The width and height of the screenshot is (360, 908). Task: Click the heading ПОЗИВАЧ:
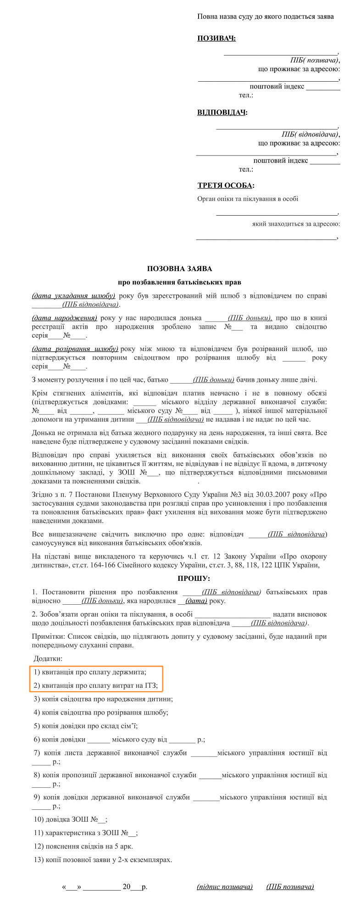[x=216, y=38]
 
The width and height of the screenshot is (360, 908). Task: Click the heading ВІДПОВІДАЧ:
[x=222, y=112]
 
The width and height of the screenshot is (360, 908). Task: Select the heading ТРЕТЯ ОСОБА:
[x=226, y=185]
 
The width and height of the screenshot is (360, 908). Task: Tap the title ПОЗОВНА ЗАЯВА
[x=180, y=268]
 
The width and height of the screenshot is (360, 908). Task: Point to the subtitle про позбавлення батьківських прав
[x=179, y=282]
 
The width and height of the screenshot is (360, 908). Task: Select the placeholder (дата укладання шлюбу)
[x=74, y=296]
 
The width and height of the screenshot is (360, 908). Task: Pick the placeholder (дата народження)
[x=65, y=318]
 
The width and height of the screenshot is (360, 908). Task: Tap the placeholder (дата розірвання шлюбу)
[x=75, y=349]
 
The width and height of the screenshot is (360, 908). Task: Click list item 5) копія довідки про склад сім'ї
[x=86, y=726]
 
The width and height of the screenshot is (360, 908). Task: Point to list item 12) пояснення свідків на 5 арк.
[x=83, y=846]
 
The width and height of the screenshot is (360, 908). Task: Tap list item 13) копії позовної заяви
[x=103, y=859]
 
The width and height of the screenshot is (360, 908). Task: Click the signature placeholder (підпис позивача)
[x=225, y=886]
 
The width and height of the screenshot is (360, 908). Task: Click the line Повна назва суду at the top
[x=266, y=17]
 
